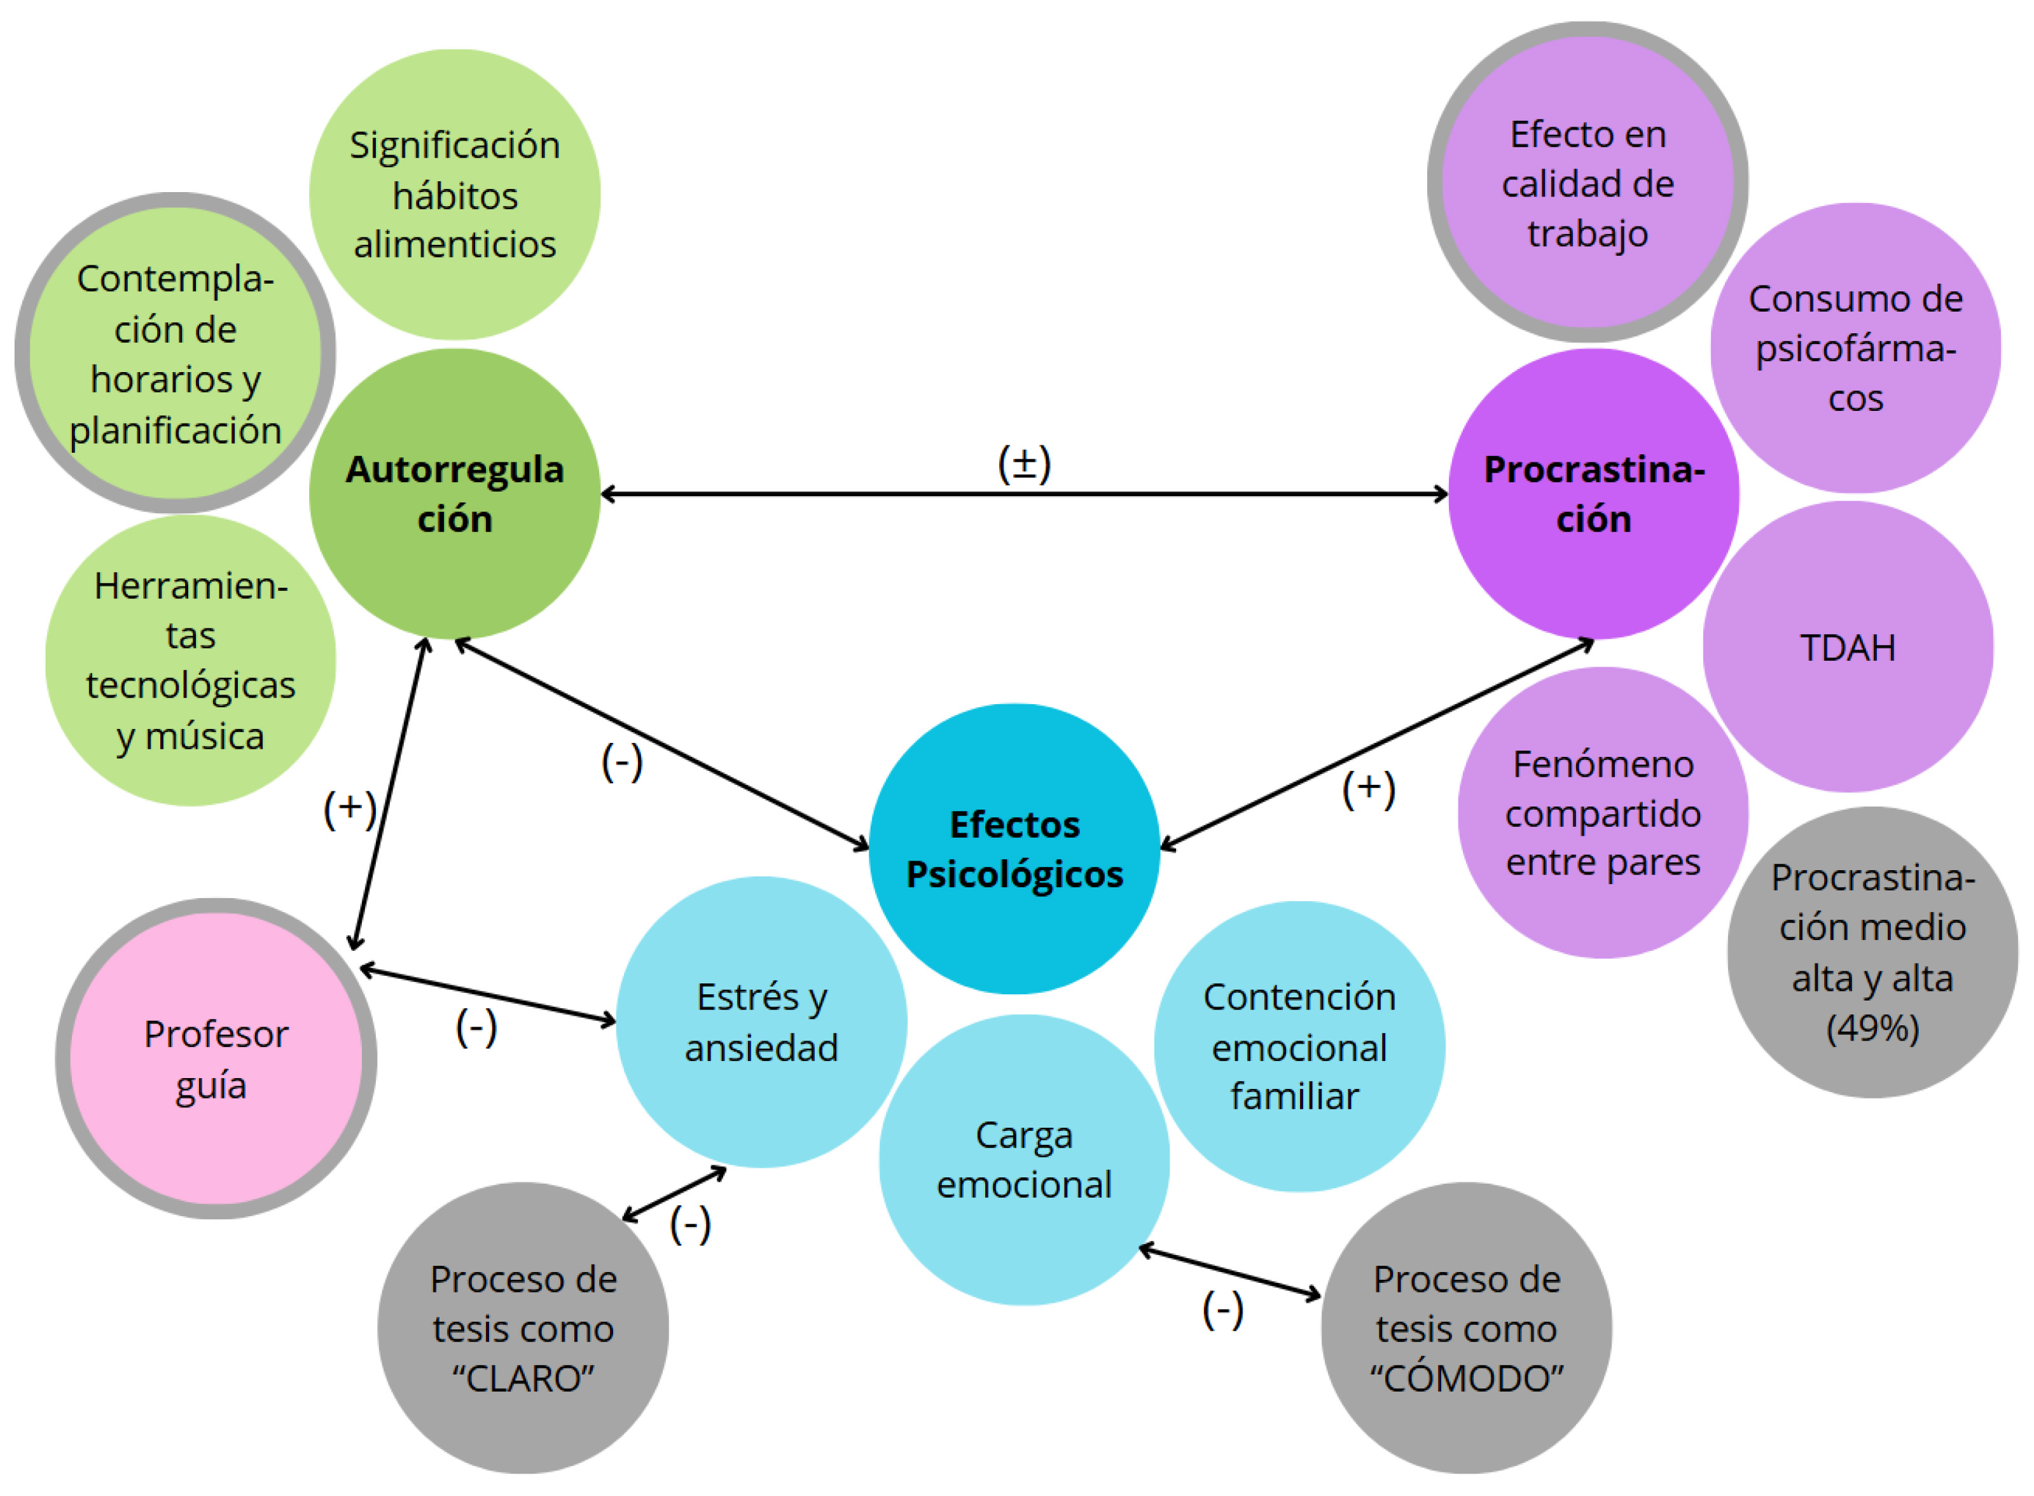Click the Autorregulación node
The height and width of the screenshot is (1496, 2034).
455,494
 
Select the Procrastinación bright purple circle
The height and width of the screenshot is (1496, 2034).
1593,494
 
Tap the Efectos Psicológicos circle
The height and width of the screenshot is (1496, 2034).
1014,848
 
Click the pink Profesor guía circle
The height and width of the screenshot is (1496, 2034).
216,1058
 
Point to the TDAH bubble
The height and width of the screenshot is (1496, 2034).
1848,648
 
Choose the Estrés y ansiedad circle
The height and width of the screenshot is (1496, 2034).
761,1022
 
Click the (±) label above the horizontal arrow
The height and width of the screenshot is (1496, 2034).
1024,464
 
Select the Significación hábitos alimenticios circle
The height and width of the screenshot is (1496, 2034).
455,195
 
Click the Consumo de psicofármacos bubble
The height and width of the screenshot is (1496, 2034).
1855,349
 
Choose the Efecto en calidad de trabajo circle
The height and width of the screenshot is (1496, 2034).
1588,184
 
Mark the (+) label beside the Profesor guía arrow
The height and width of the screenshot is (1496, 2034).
350,808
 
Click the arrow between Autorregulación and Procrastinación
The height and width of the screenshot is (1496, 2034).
1024,494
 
